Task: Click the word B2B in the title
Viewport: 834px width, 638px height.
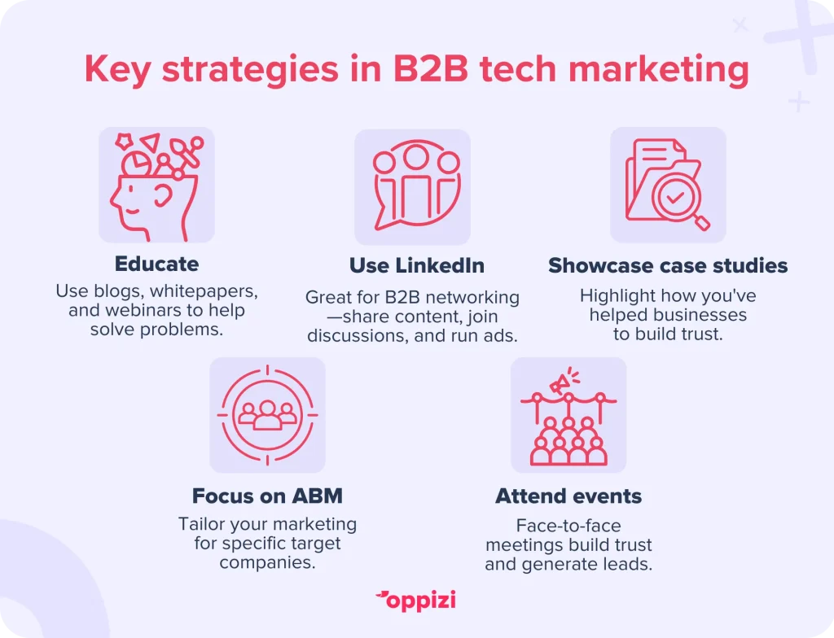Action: (x=430, y=68)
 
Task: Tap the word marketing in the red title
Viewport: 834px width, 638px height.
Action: (x=659, y=71)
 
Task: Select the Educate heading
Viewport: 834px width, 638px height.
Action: (x=157, y=264)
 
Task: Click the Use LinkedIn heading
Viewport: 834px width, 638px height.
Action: (x=417, y=265)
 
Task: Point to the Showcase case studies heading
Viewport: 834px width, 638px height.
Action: (x=668, y=265)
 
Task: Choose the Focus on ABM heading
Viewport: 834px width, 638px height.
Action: (x=267, y=496)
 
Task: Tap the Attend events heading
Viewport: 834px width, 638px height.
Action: (x=568, y=496)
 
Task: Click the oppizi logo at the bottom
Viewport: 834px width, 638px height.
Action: (x=416, y=601)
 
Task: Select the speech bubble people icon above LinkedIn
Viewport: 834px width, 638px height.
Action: (x=416, y=186)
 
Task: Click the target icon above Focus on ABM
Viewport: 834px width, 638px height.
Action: (x=267, y=415)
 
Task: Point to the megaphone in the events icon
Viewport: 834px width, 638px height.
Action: (x=564, y=381)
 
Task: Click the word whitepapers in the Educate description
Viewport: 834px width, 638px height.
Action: (x=204, y=291)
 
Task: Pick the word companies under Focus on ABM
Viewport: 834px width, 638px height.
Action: (x=267, y=562)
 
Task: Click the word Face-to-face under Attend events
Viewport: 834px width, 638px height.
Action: (x=568, y=525)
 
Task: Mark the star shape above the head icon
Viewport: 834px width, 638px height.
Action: (x=124, y=141)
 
